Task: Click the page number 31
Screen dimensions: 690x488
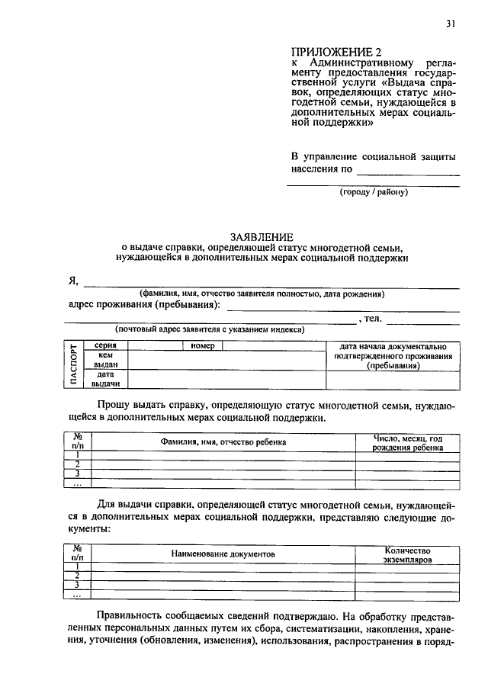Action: click(451, 24)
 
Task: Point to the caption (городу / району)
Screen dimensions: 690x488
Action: click(374, 192)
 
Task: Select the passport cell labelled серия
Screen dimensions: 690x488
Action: click(105, 345)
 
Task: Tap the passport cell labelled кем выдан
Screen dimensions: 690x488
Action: click(105, 360)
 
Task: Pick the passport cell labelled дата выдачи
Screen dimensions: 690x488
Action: click(105, 380)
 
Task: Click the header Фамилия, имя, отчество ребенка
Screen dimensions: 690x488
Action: click(223, 441)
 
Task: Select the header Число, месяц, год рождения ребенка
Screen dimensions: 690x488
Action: click(407, 443)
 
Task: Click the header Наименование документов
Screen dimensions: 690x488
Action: click(223, 554)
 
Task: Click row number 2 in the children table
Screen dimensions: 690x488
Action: click(77, 464)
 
